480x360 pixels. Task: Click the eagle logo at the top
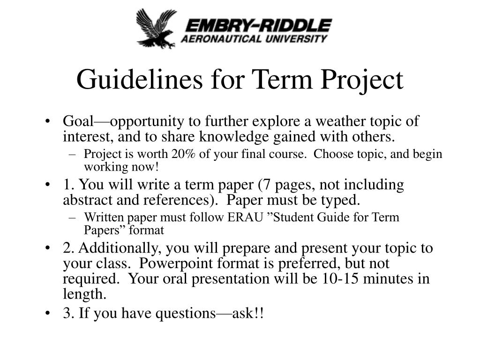point(156,28)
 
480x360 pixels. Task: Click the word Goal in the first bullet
point(78,121)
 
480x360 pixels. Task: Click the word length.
point(83,294)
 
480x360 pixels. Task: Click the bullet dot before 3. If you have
point(49,314)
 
